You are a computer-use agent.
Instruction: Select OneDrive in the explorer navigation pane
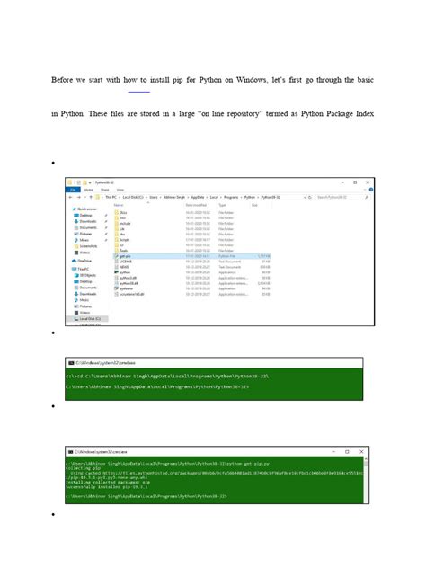[x=85, y=261]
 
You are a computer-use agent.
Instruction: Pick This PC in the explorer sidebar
[x=84, y=269]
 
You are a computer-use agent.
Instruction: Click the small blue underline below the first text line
[x=138, y=92]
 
